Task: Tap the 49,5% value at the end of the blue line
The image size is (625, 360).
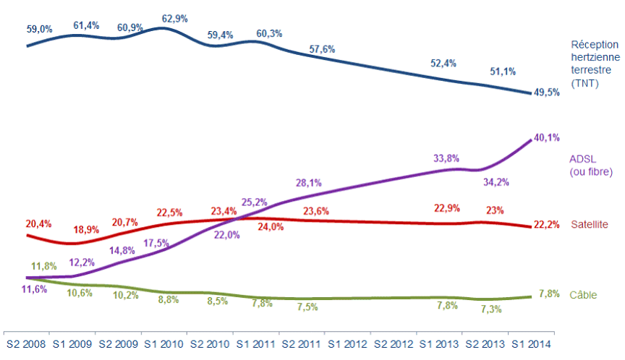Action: click(546, 93)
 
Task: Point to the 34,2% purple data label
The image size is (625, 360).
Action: click(496, 182)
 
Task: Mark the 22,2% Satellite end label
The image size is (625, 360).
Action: click(546, 225)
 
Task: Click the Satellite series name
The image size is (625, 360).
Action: click(590, 225)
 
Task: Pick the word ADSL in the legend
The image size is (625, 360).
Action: click(584, 158)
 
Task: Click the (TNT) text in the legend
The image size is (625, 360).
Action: click(582, 84)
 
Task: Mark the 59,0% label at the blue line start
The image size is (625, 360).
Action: click(40, 29)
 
